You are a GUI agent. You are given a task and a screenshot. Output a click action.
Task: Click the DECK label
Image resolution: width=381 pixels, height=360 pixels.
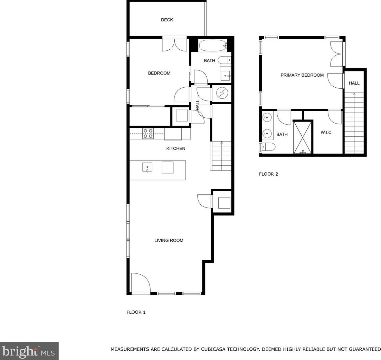point(167,20)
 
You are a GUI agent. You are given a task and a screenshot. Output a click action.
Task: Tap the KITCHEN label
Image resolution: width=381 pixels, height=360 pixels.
point(176,148)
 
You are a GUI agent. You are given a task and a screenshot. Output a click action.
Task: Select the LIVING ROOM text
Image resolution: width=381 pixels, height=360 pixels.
point(169,241)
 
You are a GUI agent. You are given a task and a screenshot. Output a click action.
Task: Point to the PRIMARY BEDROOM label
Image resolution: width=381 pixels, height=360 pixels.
point(302,75)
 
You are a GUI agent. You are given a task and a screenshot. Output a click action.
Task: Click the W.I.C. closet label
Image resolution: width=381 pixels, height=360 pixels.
point(326,133)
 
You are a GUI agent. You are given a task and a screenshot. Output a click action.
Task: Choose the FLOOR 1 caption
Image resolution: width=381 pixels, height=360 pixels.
point(136,312)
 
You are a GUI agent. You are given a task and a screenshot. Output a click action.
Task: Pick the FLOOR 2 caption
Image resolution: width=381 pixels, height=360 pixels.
point(268,174)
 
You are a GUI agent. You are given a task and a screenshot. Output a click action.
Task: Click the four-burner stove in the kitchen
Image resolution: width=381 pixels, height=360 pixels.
point(148,134)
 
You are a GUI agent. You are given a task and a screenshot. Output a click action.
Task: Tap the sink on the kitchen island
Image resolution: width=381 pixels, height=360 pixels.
point(147,167)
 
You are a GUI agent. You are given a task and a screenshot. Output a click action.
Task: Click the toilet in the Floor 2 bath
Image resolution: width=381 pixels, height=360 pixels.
point(268,147)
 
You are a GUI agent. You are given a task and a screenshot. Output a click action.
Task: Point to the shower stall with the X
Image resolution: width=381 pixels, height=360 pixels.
point(303,137)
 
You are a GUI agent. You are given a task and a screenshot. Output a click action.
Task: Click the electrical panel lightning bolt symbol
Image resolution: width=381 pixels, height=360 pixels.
point(221,93)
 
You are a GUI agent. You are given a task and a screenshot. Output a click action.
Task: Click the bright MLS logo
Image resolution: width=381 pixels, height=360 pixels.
point(29,351)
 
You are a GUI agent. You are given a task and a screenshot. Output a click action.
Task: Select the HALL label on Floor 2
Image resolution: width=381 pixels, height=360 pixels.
point(354,83)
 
